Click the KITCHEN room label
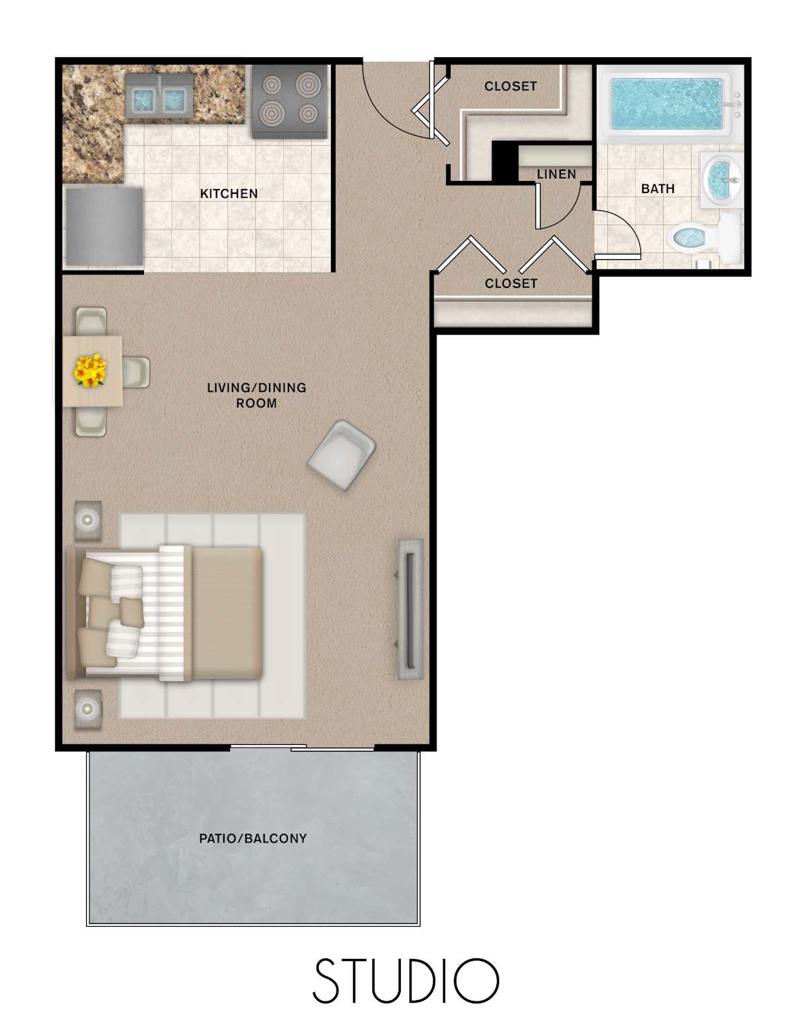pos(229,194)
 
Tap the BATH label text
pos(658,188)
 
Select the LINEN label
pos(556,174)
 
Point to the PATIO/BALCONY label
pos(253,838)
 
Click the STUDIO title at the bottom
pos(406,981)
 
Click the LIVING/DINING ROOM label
pos(256,395)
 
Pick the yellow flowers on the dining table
pos(90,370)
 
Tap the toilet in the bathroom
pos(705,238)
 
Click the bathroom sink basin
pos(721,180)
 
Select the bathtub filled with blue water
pos(666,104)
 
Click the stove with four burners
pos(289,101)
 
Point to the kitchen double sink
pos(159,98)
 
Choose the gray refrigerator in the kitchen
pos(104,226)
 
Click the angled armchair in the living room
pos(342,455)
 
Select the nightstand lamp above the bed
pos(88,520)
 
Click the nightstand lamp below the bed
pos(88,709)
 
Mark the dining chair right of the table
pos(136,372)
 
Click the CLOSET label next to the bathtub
pos(510,86)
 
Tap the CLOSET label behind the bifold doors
pos(511,283)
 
